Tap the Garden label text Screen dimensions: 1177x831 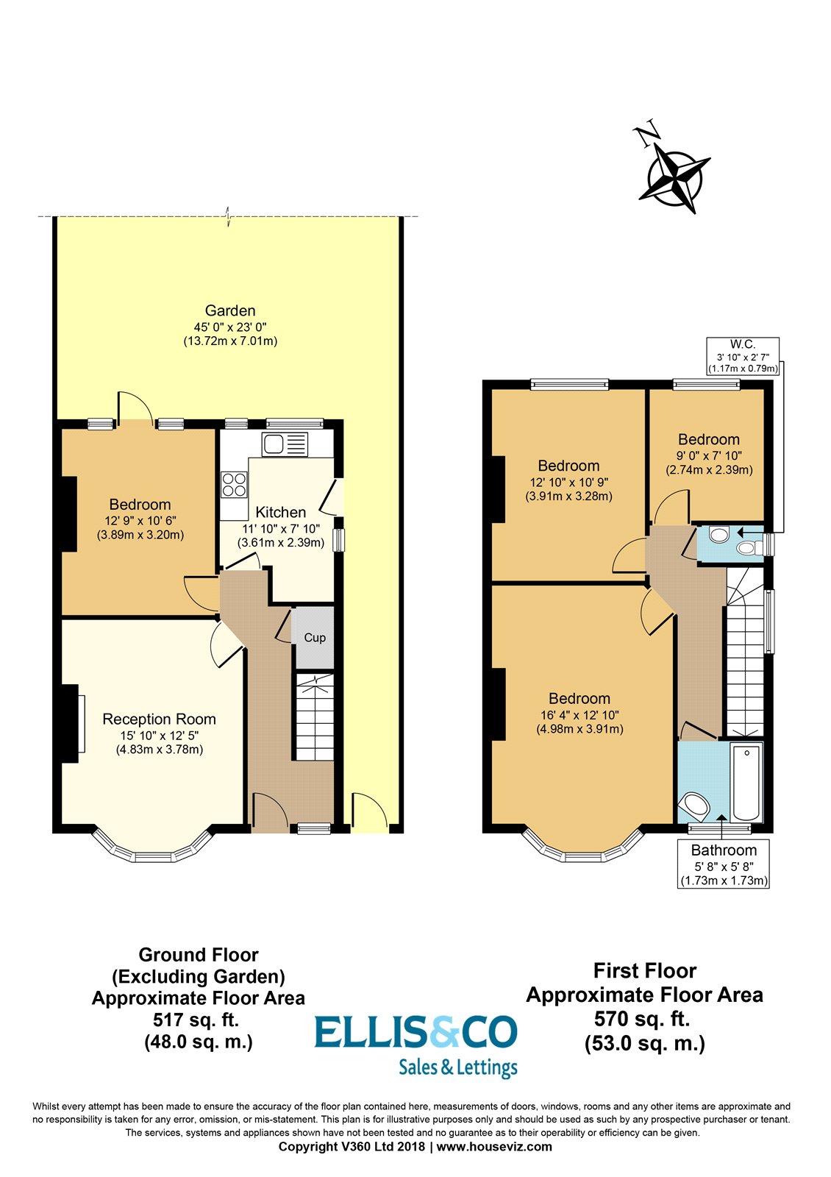tap(230, 310)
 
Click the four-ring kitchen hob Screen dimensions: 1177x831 tap(234, 485)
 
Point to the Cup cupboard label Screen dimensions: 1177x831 tap(315, 638)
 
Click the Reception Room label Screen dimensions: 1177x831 tap(159, 719)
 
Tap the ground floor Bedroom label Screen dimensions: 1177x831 tap(140, 505)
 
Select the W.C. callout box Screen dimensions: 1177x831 tap(742, 356)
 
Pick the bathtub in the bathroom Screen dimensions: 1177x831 tap(747, 783)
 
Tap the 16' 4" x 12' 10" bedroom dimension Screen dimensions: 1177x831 tap(579, 715)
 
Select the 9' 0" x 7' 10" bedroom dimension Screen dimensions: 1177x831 tap(709, 456)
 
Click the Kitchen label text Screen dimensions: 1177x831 tap(280, 513)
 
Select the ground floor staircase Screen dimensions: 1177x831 tap(314, 717)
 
